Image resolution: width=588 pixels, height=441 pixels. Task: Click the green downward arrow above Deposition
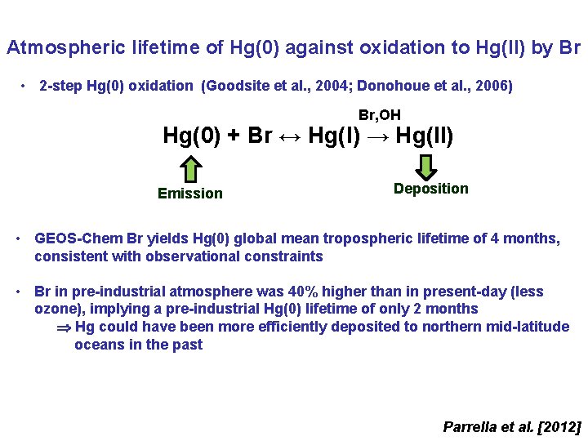point(426,167)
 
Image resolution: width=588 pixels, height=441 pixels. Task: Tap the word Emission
point(189,194)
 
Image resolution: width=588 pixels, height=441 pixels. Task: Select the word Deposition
point(430,189)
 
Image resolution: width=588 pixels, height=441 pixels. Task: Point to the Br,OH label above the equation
point(380,116)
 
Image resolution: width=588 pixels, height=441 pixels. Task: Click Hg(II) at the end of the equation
point(424,136)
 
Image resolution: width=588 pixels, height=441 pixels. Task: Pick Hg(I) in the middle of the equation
point(334,136)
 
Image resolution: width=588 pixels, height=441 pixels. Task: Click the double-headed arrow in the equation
point(290,136)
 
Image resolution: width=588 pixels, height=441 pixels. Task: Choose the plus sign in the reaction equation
point(233,136)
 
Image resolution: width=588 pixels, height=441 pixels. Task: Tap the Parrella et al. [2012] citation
point(511,426)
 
